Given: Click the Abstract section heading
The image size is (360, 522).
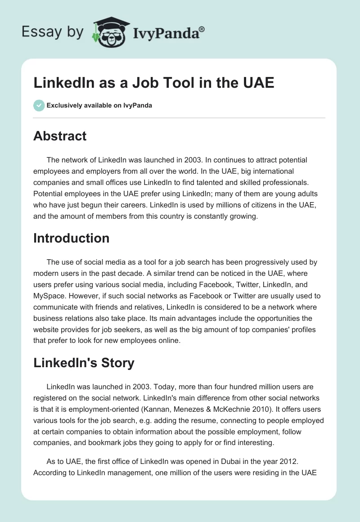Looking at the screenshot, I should (x=60, y=136).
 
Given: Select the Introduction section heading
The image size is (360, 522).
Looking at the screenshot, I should (x=71, y=238).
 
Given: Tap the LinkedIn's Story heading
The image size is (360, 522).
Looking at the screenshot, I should (x=84, y=363).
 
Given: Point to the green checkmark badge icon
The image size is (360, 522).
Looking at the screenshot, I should (x=39, y=105).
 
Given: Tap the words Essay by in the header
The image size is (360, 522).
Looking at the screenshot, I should (x=52, y=32).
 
